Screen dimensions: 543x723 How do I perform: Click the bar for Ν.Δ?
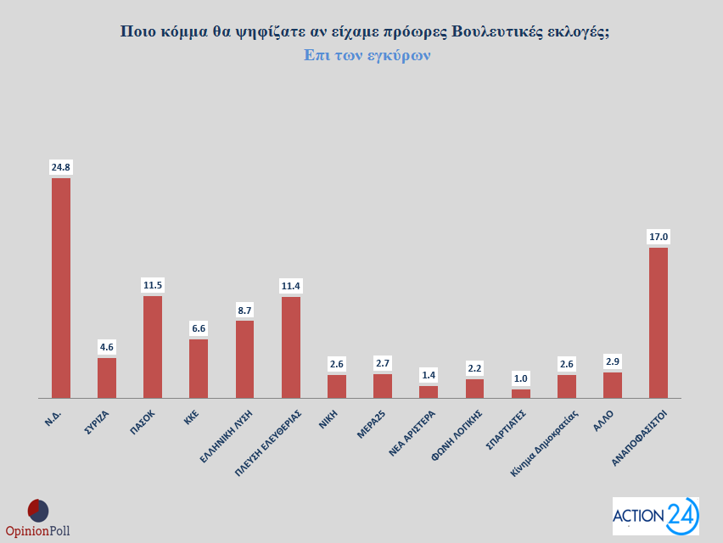[x=61, y=288]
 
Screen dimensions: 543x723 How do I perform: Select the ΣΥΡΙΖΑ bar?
[x=107, y=378]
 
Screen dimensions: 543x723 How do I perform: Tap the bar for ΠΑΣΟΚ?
[x=153, y=346]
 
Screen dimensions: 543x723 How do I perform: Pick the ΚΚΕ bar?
[x=199, y=368]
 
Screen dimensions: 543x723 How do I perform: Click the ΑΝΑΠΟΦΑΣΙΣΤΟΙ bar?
[x=659, y=322]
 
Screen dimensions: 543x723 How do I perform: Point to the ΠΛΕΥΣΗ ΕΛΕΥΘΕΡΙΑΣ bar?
[x=290, y=347]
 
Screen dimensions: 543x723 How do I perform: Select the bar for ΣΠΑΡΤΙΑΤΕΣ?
[x=521, y=394]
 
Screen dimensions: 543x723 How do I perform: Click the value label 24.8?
[x=61, y=167]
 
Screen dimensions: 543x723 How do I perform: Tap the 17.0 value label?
[x=659, y=237]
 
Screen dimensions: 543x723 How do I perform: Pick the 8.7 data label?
[x=244, y=311]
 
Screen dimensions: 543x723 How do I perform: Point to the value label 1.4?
[x=429, y=375]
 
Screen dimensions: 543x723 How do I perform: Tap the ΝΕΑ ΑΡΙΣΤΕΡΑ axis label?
[x=413, y=433]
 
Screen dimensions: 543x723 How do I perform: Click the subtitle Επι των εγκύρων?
[x=367, y=55]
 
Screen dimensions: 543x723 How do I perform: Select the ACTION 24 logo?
[x=655, y=516]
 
